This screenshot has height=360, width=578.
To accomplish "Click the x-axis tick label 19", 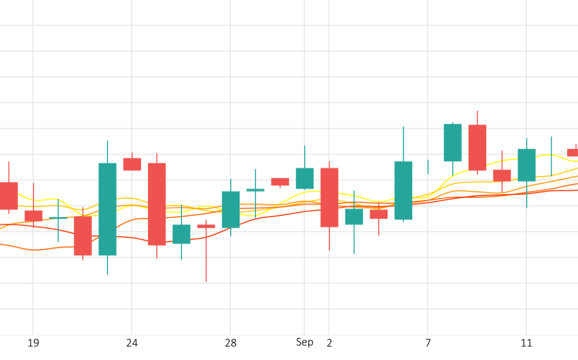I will [x=33, y=343].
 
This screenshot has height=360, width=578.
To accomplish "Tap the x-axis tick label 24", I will [x=132, y=343].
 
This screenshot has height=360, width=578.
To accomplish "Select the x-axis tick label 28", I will [x=231, y=343].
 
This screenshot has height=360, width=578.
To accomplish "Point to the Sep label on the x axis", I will [x=305, y=342].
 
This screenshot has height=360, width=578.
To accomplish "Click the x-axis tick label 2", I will [x=329, y=343].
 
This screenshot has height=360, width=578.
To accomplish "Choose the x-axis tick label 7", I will [x=428, y=343].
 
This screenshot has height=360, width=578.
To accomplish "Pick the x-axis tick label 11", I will [x=526, y=343].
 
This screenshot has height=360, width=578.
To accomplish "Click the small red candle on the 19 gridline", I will [x=33, y=216].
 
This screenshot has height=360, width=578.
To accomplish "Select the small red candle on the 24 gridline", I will [x=132, y=164].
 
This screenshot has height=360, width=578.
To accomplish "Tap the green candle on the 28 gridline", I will [x=231, y=209].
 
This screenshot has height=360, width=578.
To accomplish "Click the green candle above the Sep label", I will [x=305, y=178].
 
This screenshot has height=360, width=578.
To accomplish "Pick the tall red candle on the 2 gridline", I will [x=329, y=197].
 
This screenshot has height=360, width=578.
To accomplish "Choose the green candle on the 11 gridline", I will [x=526, y=165].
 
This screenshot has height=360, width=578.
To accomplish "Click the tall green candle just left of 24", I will [x=107, y=209].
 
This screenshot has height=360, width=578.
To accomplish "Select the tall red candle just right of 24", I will [x=157, y=204].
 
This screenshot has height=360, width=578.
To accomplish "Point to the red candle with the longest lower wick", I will [x=206, y=226].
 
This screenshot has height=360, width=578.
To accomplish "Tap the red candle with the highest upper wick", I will [x=477, y=148].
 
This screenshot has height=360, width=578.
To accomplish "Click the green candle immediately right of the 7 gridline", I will [x=452, y=142].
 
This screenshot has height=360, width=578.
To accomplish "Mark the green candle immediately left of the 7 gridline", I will [x=403, y=190].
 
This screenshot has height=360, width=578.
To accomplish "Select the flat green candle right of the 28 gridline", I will [x=255, y=190].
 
